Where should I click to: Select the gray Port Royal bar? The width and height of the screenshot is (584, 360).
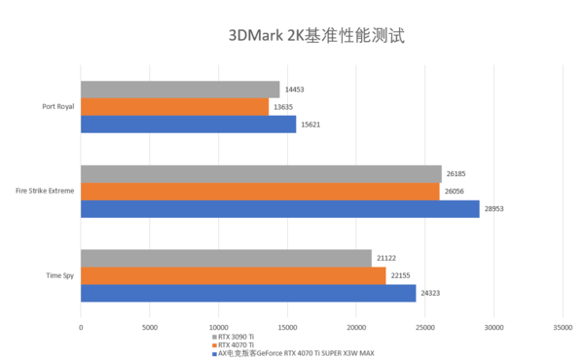180,90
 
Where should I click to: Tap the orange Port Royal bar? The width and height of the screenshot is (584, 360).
174,107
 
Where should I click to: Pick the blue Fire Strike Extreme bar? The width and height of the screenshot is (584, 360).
279,209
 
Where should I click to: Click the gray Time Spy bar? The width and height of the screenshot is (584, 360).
226,258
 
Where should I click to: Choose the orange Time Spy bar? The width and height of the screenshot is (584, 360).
234,275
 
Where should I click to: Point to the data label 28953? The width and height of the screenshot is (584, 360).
495,209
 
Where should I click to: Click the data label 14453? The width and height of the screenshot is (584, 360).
295,90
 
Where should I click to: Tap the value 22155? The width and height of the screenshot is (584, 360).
402,275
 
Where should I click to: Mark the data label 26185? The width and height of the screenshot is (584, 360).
456,175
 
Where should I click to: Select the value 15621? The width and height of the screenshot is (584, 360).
311,125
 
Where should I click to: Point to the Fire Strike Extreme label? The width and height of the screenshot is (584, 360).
45,192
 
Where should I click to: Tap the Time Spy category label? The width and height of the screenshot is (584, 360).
58,275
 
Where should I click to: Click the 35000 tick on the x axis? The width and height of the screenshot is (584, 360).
563,327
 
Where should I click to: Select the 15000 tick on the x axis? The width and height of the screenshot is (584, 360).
287,327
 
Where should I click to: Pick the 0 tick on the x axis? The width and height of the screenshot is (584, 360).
81,327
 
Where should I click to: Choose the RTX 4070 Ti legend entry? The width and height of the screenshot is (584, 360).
237,344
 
